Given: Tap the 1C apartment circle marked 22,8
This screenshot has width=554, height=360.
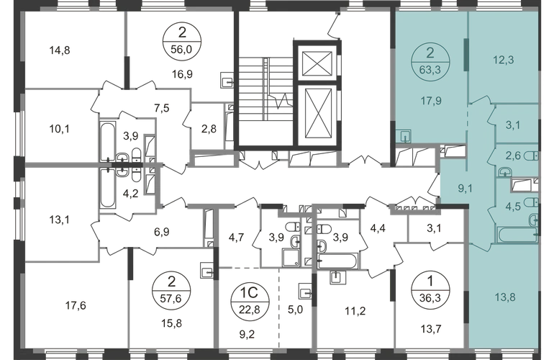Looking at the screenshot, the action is (250, 300).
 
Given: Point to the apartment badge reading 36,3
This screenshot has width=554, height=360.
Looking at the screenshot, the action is (430, 291).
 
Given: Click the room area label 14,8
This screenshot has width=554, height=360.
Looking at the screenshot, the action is (60, 50).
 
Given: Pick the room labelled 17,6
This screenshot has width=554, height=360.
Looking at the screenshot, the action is (76, 305).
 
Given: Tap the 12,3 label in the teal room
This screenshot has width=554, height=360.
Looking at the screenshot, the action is (504, 60).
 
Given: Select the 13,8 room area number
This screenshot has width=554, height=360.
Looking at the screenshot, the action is (505, 297).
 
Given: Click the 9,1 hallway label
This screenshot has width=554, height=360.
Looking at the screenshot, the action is (465, 189).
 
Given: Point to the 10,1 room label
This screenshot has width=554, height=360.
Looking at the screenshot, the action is (59, 129).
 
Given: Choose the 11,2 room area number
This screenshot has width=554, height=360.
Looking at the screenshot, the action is (355, 311).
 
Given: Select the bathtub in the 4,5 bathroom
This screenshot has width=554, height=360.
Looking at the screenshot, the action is (517, 235).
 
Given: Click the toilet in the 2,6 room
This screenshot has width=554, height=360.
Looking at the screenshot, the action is (532, 156).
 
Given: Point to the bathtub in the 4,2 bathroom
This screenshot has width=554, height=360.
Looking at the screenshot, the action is (107, 188).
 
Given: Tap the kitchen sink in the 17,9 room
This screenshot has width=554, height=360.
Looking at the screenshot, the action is (403, 136).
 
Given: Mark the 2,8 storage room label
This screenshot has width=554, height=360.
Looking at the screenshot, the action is (209, 129).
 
